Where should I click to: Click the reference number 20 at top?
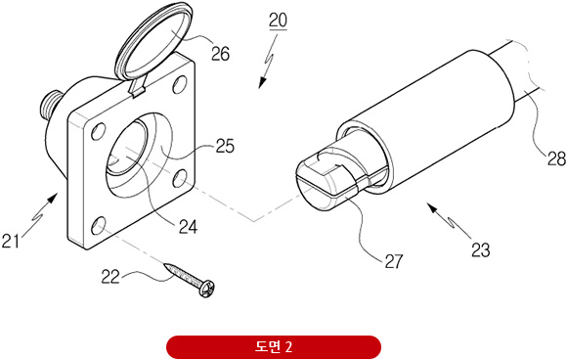(x=278, y=21)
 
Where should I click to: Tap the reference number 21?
(x=10, y=241)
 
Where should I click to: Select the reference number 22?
(x=110, y=276)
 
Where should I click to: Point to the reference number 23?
(x=481, y=249)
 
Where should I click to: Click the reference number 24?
(x=189, y=227)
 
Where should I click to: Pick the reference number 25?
(x=225, y=146)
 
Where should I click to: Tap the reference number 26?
(x=220, y=54)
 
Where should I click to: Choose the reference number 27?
(x=393, y=261)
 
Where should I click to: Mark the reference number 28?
(x=557, y=158)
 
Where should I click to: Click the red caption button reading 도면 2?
(x=274, y=347)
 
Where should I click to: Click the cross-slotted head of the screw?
(x=206, y=289)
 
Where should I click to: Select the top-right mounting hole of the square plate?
(x=180, y=85)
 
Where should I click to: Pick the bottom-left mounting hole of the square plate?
(x=99, y=226)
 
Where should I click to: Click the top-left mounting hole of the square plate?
(x=98, y=131)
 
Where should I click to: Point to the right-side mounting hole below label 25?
(x=180, y=178)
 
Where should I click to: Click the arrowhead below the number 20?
(x=262, y=83)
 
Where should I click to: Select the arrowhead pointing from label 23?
(x=432, y=207)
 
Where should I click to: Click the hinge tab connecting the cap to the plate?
(x=138, y=88)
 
